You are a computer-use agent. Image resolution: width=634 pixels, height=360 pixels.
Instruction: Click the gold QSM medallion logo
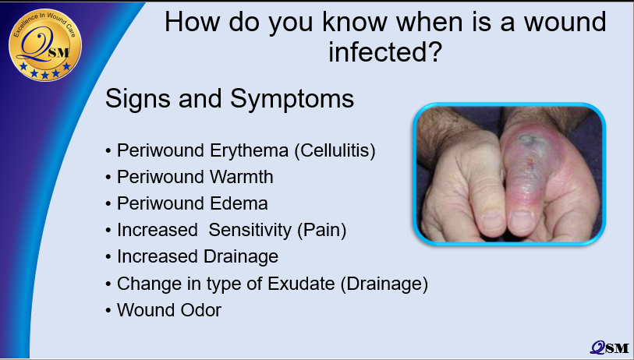pos(45,44)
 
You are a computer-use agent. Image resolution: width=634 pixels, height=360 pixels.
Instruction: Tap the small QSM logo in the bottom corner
pos(609,348)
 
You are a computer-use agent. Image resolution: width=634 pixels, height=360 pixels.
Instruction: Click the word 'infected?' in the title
pos(385,52)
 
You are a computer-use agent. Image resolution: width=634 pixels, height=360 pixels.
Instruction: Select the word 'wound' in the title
pos(565,22)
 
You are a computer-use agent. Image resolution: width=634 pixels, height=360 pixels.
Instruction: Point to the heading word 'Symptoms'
pos(292,100)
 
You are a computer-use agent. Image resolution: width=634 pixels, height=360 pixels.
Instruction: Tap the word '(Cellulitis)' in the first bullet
pos(335,150)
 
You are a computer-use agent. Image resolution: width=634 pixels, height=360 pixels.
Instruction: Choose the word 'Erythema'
pos(249,150)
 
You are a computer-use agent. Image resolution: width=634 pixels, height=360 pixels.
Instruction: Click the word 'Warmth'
pos(242,177)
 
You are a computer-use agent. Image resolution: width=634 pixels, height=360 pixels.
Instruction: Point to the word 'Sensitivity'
pos(250,231)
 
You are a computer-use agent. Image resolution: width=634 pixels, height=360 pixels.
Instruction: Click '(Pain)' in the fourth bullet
pos(322,231)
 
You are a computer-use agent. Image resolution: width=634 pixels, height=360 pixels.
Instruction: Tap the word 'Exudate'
pos(301,284)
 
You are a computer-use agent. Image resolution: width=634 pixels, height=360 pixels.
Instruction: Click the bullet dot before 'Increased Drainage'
pos(108,257)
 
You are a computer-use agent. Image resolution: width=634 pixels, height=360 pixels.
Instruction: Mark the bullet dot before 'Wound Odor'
pos(108,311)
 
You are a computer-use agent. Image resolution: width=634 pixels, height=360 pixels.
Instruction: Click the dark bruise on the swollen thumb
pos(526,139)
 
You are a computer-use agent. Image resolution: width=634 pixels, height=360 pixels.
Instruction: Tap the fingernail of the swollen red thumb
pos(521,221)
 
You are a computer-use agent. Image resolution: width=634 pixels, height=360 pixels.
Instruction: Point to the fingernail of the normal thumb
pos(491,221)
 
